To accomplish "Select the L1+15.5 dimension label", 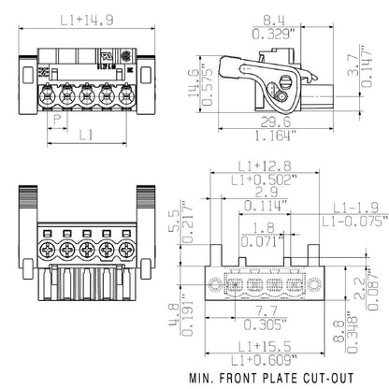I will (x=252, y=342).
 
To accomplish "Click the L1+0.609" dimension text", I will (x=252, y=358).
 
